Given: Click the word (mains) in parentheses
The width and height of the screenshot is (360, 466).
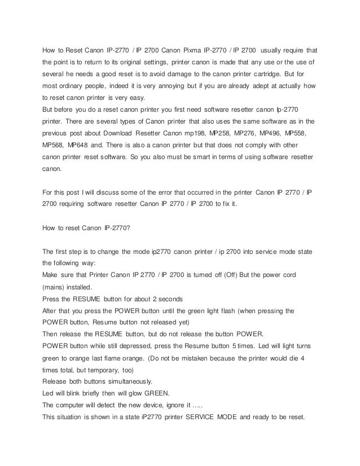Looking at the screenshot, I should coord(55,287).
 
